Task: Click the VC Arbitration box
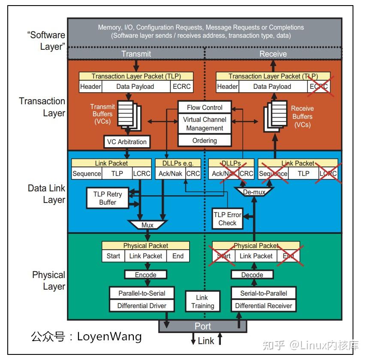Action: click(127, 142)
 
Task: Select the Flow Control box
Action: click(205, 107)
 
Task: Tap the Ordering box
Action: click(205, 140)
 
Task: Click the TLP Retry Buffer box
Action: click(108, 198)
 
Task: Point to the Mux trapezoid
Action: click(148, 225)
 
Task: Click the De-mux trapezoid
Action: click(254, 192)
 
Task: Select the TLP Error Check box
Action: click(227, 219)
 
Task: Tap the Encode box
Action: click(145, 275)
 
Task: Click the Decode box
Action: click(252, 275)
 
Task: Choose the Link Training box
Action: click(202, 302)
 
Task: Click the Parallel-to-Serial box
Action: click(142, 293)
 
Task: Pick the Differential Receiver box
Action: click(263, 306)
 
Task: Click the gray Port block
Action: click(202, 326)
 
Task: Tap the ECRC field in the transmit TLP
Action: click(181, 87)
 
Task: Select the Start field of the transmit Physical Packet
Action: click(113, 256)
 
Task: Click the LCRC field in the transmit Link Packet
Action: click(141, 174)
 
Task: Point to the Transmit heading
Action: click(136, 54)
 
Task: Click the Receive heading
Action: click(273, 54)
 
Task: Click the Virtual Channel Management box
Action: click(205, 124)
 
